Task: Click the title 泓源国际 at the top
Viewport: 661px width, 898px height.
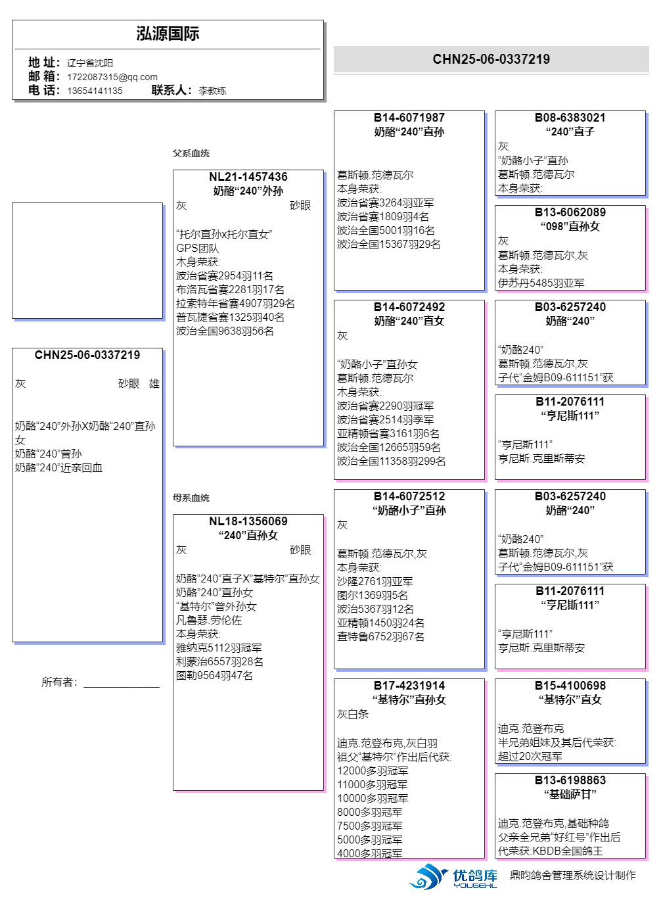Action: click(168, 34)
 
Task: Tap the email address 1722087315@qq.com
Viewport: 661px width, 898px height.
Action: click(112, 76)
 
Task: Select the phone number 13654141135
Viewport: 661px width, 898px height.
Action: click(95, 91)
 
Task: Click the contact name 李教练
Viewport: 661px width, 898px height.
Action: click(212, 91)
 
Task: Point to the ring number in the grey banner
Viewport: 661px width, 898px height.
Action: click(491, 59)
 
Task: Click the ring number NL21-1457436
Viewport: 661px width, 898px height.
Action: click(248, 176)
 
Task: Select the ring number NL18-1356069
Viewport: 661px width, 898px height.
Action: click(248, 521)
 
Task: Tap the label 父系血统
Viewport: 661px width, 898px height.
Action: click(191, 153)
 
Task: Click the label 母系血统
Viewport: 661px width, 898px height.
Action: click(191, 498)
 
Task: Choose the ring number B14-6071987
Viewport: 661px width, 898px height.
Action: click(409, 118)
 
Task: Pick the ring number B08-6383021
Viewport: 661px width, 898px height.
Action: click(570, 118)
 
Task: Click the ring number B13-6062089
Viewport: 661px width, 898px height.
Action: click(570, 212)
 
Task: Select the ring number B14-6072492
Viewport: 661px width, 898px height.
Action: click(409, 307)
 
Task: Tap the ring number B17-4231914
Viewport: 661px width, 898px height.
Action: click(409, 685)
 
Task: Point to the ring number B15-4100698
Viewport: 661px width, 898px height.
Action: click(570, 685)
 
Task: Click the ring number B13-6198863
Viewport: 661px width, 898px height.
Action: click(570, 780)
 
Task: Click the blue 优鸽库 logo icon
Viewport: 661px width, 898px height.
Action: click(428, 876)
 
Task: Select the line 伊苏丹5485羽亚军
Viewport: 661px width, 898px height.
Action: click(541, 283)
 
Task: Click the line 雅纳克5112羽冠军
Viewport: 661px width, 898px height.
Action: click(219, 648)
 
